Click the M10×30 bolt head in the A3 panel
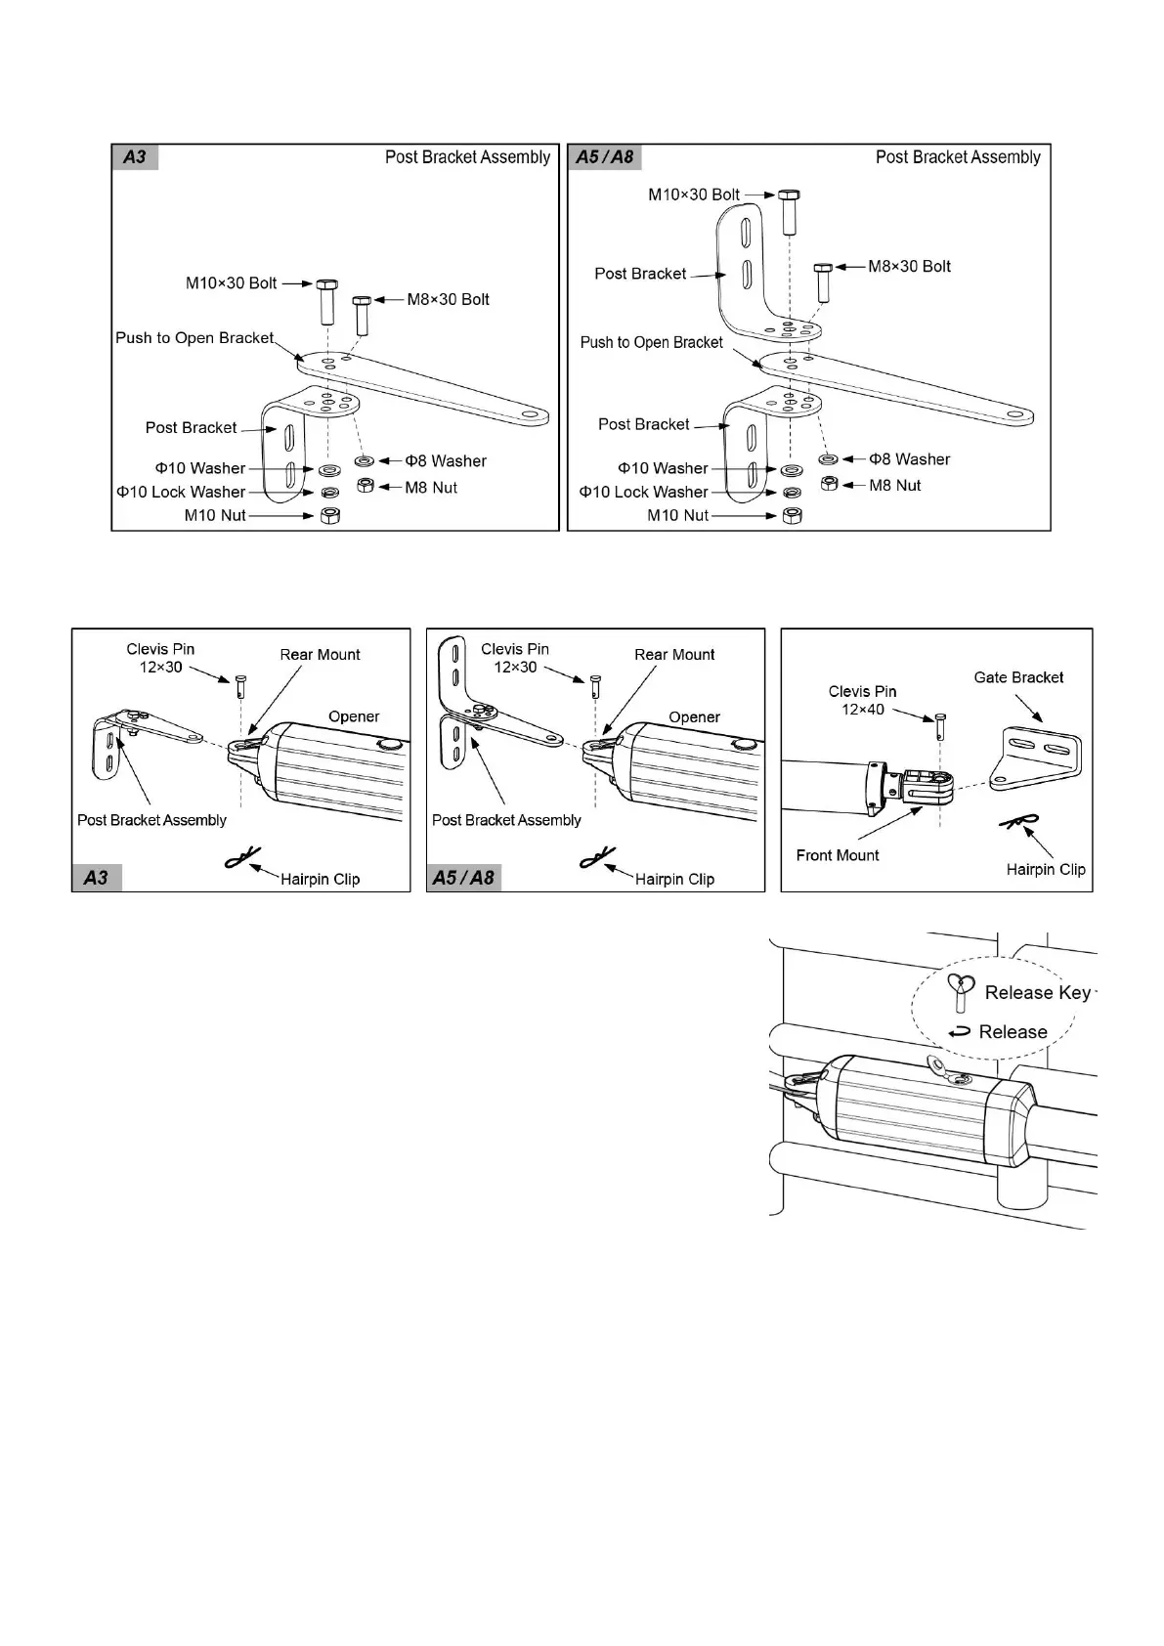[326, 283]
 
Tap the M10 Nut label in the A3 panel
[215, 515]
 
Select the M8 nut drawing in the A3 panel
[365, 486]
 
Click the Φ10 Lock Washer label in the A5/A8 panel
[643, 492]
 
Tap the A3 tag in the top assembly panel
[135, 157]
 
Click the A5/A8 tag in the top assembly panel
[605, 157]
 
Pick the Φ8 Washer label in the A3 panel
[446, 460]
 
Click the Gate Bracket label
[1018, 677]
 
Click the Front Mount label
[838, 855]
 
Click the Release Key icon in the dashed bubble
[962, 992]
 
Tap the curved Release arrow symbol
[960, 1031]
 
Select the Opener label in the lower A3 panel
[354, 716]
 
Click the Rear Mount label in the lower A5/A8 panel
[674, 655]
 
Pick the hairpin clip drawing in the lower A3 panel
[241, 858]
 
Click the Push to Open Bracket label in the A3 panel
[194, 338]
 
